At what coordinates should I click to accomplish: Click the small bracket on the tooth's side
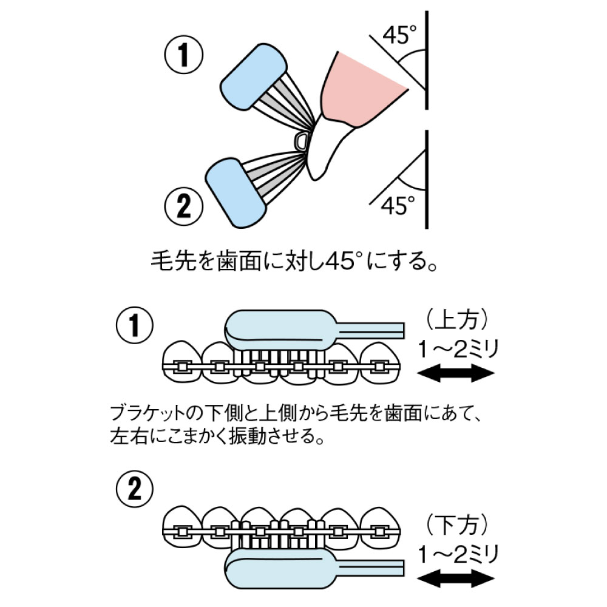(300, 141)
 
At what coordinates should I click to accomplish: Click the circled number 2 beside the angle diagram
(183, 207)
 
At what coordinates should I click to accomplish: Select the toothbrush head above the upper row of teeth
(280, 328)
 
